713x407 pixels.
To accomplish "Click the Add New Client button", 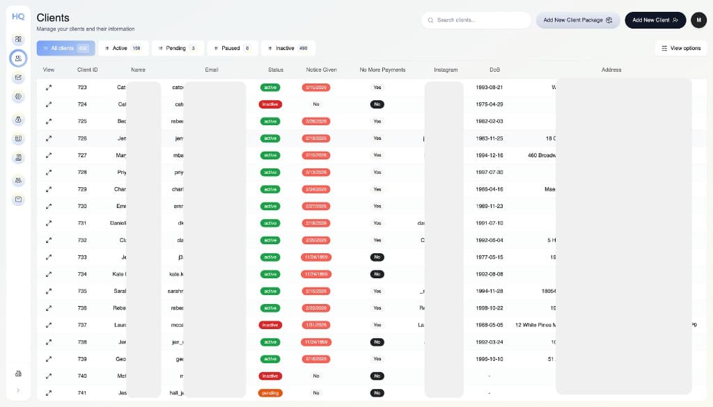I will [655, 20].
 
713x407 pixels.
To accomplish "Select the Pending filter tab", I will [178, 48].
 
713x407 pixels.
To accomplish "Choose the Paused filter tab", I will [232, 48].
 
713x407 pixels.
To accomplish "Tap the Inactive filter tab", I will [288, 48].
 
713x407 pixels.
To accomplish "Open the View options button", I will [681, 48].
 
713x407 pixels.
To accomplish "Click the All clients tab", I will [65, 48].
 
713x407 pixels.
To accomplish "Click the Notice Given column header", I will [321, 70].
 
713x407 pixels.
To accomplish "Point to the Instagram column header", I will [446, 70].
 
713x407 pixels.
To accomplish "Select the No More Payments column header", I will [382, 70].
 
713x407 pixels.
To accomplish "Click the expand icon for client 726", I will [49, 138].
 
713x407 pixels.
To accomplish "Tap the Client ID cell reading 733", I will [82, 257].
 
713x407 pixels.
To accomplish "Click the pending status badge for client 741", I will [270, 393].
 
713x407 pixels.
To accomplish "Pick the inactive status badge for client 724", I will [270, 104].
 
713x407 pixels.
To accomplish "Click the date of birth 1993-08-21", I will [489, 88].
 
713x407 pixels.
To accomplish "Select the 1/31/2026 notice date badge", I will [316, 325].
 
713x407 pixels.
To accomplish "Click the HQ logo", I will [18, 16].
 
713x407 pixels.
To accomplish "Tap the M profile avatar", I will [698, 20].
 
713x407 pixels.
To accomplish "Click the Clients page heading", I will [53, 17].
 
